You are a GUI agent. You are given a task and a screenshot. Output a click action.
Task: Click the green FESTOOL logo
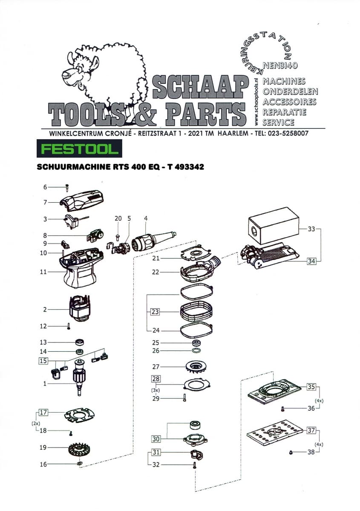tap(79, 149)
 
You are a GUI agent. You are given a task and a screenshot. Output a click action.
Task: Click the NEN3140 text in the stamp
tap(280, 66)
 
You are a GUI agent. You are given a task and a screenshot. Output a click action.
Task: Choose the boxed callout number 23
tap(155, 312)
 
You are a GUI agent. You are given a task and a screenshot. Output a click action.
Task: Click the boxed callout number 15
tap(43, 361)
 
